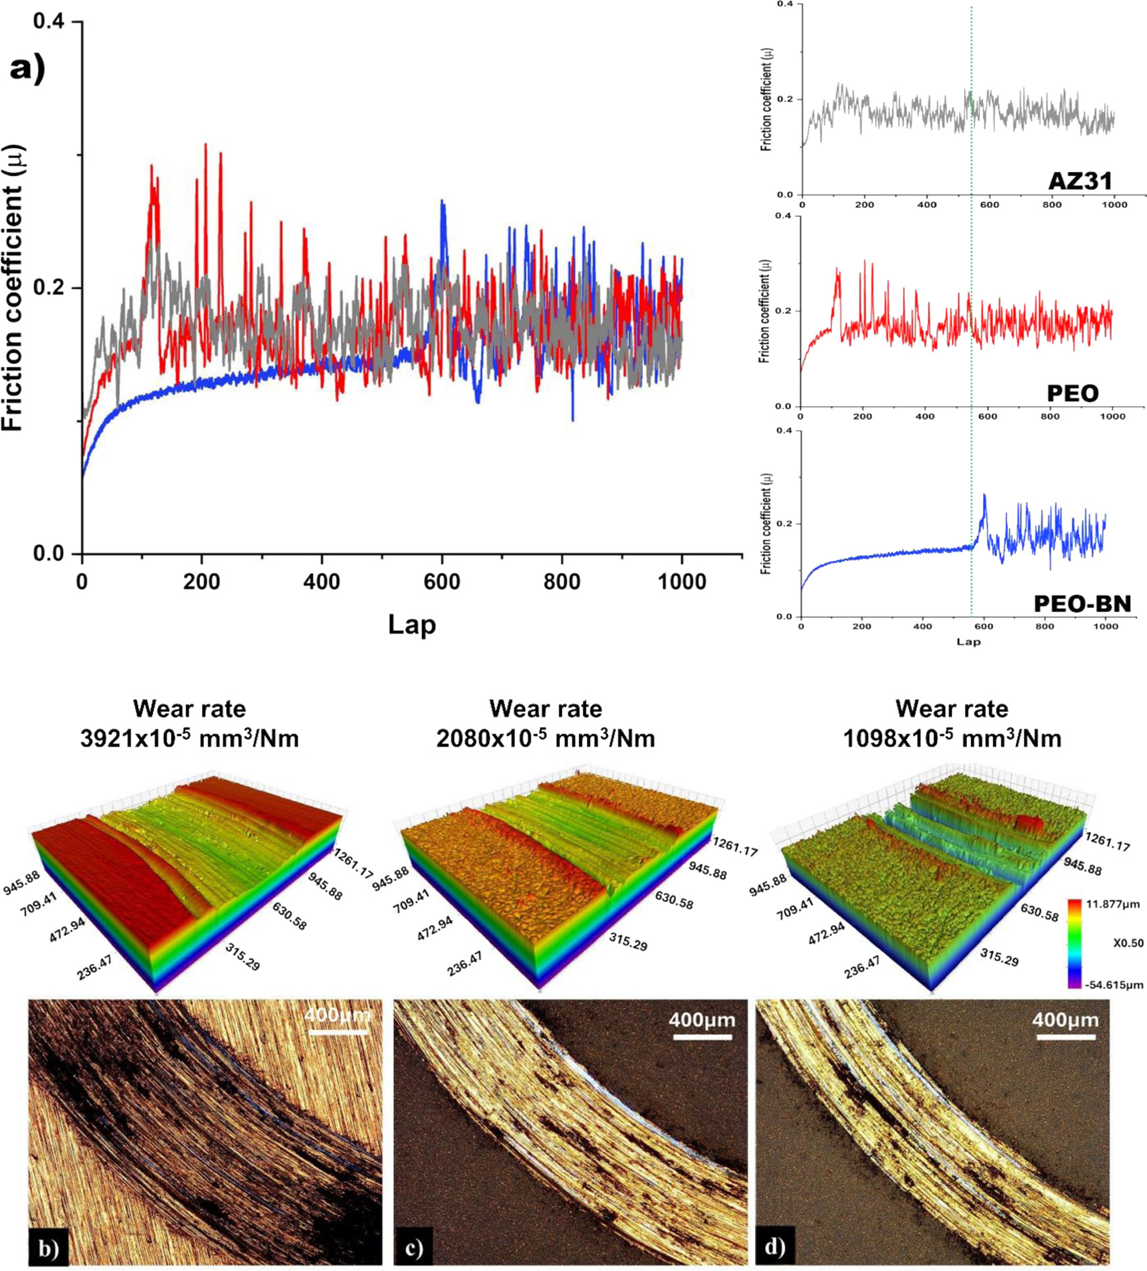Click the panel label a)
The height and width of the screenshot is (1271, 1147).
[27, 68]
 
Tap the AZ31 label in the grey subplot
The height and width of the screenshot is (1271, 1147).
[1080, 181]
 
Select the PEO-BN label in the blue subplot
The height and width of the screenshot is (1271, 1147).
[1082, 603]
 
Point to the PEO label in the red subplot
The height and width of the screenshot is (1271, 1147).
[1072, 393]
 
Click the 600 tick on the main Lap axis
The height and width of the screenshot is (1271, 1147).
[442, 581]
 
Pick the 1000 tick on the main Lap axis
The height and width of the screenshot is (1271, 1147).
[682, 581]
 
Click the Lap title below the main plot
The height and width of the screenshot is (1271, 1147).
[412, 624]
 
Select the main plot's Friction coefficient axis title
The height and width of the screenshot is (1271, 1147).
[13, 288]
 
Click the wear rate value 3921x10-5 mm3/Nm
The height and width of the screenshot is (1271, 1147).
[189, 739]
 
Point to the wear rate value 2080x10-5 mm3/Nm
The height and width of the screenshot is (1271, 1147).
[546, 739]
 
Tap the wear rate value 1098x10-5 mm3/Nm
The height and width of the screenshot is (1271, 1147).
[952, 739]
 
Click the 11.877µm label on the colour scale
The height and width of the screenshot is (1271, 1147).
[1113, 904]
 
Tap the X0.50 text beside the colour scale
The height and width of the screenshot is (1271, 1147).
[1128, 943]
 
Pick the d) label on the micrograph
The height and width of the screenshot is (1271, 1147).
[775, 1246]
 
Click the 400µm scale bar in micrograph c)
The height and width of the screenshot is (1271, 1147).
[702, 1037]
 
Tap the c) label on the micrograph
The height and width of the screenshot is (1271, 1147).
[413, 1248]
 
